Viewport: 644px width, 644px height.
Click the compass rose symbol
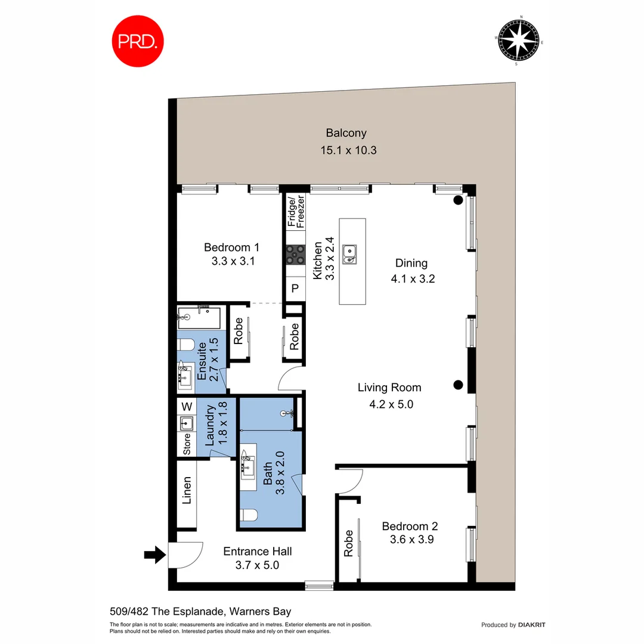[521, 40]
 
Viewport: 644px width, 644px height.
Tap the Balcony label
[346, 134]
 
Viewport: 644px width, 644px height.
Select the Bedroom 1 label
[231, 247]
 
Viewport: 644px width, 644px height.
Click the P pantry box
[295, 290]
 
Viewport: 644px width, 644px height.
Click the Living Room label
[389, 388]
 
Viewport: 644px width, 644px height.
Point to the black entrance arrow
[154, 556]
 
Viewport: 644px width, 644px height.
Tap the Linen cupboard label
[187, 490]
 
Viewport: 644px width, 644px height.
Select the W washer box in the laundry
[187, 407]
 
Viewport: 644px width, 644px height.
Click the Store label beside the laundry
[187, 445]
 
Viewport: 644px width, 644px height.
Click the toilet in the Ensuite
[185, 345]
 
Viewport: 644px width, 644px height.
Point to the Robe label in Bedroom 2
[349, 543]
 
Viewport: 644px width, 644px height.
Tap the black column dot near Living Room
[458, 385]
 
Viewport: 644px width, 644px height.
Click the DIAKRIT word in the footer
[532, 625]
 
